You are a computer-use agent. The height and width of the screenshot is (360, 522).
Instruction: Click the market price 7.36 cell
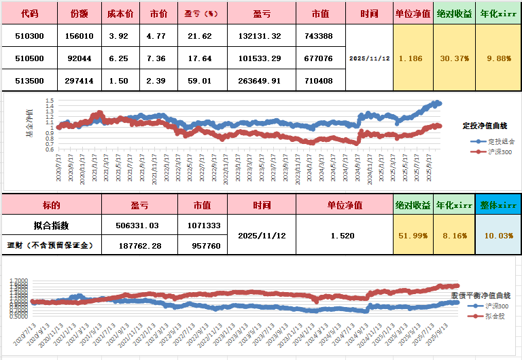coord(158,58)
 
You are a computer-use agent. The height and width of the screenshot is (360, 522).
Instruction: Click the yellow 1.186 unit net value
coord(411,58)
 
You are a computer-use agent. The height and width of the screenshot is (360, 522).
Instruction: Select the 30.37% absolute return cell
coord(455,58)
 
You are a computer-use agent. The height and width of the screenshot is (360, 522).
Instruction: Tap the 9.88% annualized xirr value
coord(498,58)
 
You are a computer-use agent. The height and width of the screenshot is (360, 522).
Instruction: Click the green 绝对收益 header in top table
coord(455,14)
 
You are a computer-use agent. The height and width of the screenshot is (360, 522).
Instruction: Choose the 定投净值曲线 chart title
coord(485,126)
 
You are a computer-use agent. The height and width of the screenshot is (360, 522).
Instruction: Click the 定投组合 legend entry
coord(501,141)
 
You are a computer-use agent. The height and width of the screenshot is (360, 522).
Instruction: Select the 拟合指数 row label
coord(51,226)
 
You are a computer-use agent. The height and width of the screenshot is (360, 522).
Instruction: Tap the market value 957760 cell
coord(203,245)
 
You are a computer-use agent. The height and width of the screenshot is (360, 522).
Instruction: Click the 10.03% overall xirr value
coord(498,235)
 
